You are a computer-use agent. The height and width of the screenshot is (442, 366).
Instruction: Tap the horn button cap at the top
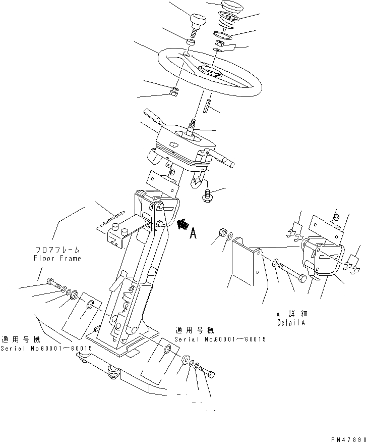[232, 9]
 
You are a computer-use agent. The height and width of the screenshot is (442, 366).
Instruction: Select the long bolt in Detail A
[292, 273]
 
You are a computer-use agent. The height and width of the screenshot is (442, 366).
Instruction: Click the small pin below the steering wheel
[207, 107]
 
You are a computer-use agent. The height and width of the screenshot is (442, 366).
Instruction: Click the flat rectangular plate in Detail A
[244, 263]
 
